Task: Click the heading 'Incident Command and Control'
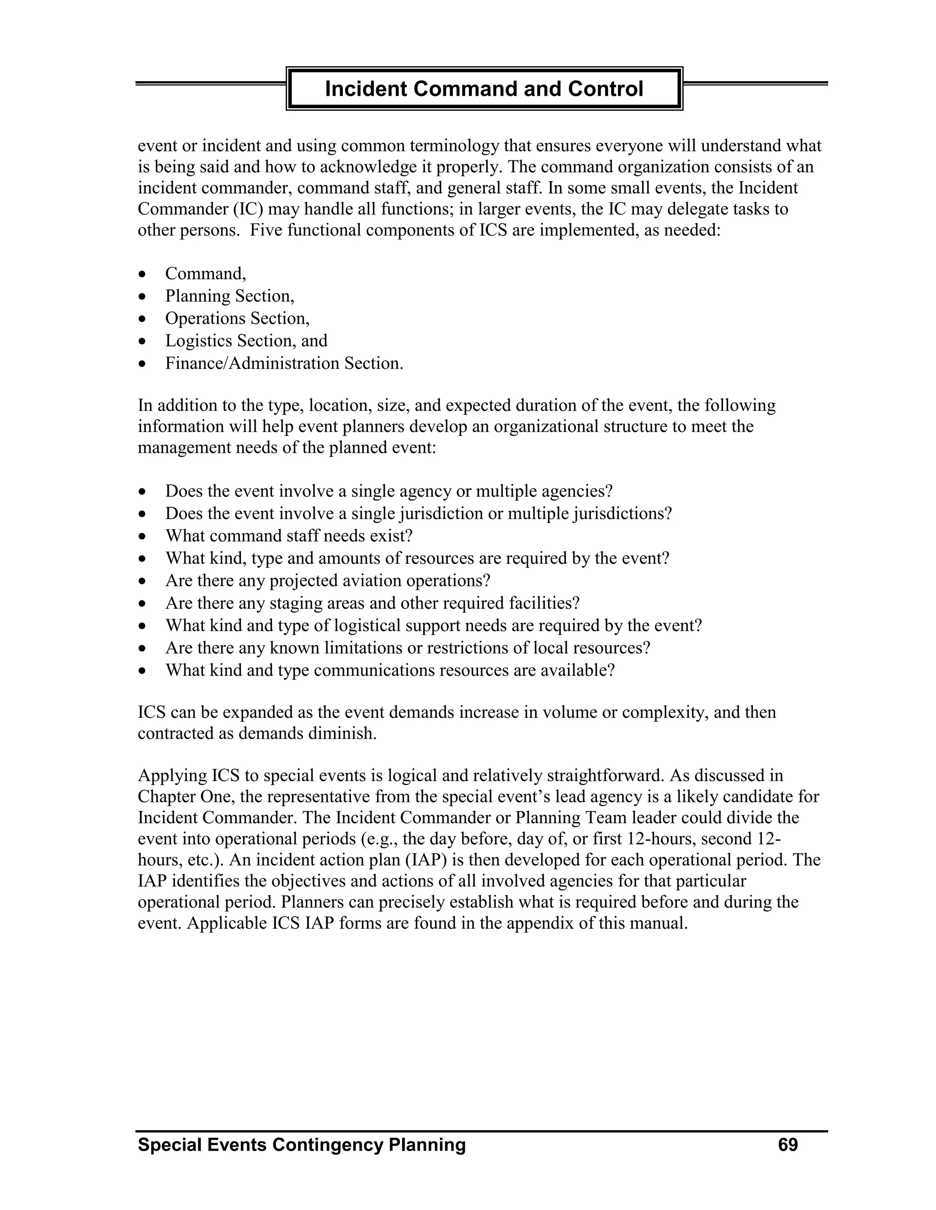(x=484, y=89)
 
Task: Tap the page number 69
(x=787, y=1145)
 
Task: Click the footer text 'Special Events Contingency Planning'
(x=302, y=1145)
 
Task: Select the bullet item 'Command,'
(x=205, y=274)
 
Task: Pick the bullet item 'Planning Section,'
(x=229, y=296)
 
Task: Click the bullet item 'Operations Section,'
(x=237, y=319)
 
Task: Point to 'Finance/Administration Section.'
(x=284, y=363)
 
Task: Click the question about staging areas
(x=372, y=603)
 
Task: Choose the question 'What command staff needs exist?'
(x=289, y=536)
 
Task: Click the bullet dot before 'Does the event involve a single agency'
(x=143, y=492)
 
